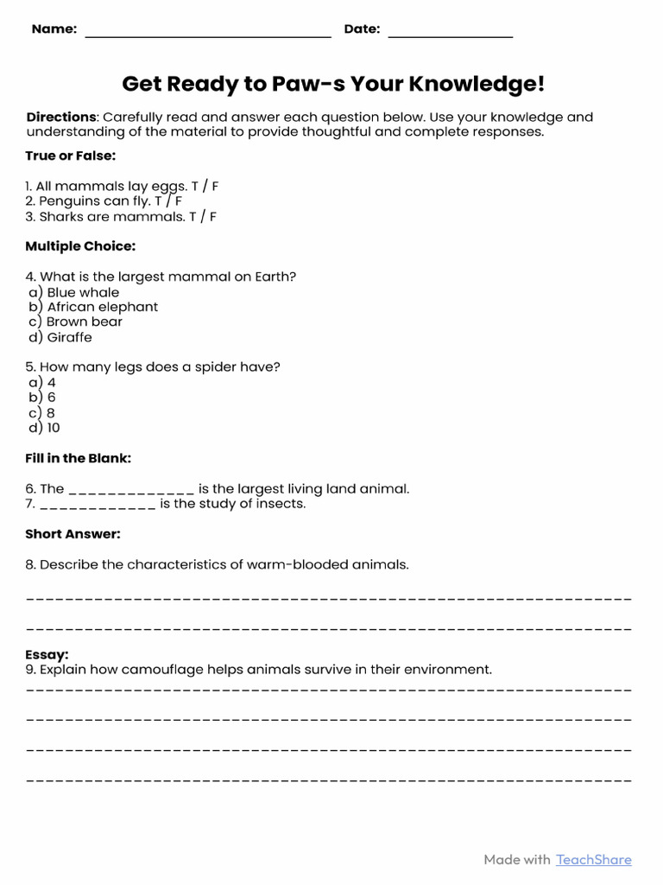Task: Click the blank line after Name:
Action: pos(207,35)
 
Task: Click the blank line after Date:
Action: pos(450,35)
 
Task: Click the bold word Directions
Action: pos(61,117)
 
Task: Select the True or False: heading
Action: pos(70,156)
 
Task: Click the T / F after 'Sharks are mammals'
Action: pos(203,217)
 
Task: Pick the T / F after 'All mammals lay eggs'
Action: pos(206,186)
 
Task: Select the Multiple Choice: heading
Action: pos(80,246)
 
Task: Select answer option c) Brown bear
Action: pos(76,322)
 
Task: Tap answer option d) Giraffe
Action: pos(60,337)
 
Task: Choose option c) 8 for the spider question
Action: pos(42,412)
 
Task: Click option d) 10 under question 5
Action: pos(45,428)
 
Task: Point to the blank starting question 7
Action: pos(98,505)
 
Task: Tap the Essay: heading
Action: pos(47,655)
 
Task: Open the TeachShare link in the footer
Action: pos(593,859)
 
